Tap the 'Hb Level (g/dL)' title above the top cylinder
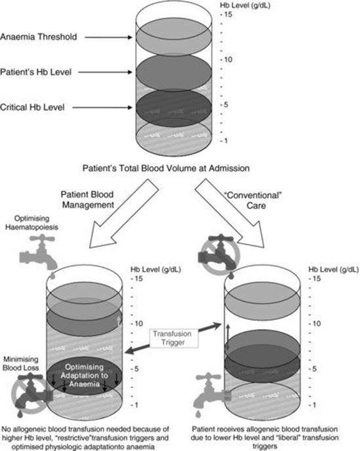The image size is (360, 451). (247, 5)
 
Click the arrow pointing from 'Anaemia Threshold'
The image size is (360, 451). (111, 37)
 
